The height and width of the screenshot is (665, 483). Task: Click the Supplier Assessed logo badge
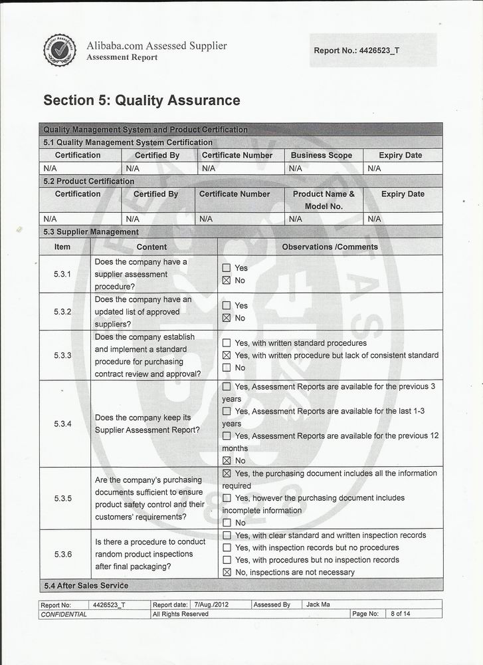pos(60,51)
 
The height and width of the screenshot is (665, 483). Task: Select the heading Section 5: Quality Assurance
pos(142,100)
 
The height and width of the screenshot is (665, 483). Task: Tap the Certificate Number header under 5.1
pos(237,156)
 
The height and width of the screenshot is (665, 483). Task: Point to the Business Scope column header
pos(322,156)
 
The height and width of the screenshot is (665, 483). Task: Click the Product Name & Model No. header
pos(324,200)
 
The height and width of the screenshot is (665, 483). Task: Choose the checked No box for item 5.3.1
pos(227,281)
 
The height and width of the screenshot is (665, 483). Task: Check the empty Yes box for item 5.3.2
pos(227,306)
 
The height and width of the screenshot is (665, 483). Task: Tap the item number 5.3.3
pos(63,355)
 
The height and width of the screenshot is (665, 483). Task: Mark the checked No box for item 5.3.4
pos(227,461)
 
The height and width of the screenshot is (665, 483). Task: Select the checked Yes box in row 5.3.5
pos(227,473)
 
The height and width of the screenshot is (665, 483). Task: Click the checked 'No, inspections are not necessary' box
pos(227,573)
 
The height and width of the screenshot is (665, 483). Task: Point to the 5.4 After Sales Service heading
pos(86,586)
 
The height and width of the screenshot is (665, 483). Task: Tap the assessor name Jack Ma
pos(318,605)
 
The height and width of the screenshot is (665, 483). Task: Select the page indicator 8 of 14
pos(400,614)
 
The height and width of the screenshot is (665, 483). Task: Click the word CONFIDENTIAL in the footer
pos(64,614)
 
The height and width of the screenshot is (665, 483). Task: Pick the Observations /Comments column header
pos(330,247)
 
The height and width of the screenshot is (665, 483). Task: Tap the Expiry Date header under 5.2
pos(403,194)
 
